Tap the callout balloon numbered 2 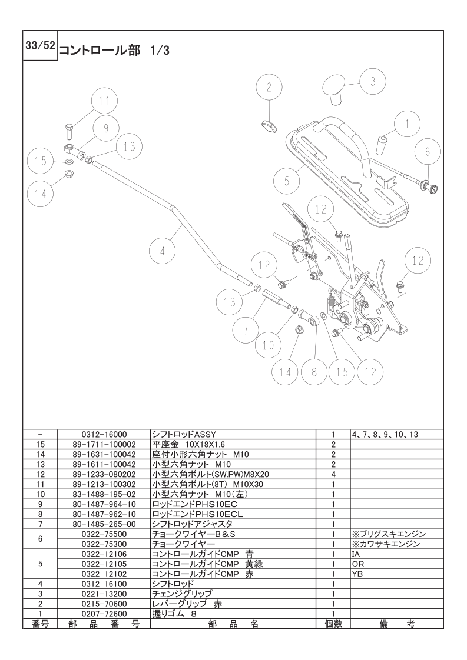pyautogui.click(x=270, y=88)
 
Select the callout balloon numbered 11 pyautogui.click(x=104, y=101)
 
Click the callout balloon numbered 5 pyautogui.click(x=287, y=181)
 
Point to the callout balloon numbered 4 pyautogui.click(x=163, y=252)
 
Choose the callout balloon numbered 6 pyautogui.click(x=428, y=152)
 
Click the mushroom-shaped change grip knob pyautogui.click(x=336, y=90)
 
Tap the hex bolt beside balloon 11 pyautogui.click(x=70, y=131)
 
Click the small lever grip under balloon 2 pyautogui.click(x=267, y=125)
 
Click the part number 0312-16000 pyautogui.click(x=104, y=434)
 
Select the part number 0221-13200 pyautogui.click(x=104, y=594)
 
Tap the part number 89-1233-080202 pyautogui.click(x=104, y=474)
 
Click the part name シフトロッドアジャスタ pyautogui.click(x=192, y=524)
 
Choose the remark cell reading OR pyautogui.click(x=358, y=564)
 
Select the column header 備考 pyautogui.click(x=397, y=624)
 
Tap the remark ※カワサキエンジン pyautogui.click(x=386, y=544)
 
